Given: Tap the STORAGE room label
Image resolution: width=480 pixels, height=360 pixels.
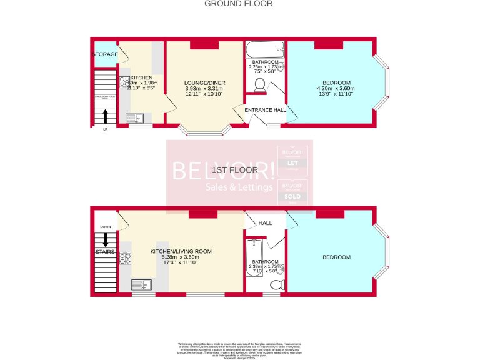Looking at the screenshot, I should (104, 54).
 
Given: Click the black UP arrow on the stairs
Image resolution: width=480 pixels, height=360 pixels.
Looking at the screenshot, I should (104, 116).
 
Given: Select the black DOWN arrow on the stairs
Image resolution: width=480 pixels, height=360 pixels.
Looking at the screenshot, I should (104, 239).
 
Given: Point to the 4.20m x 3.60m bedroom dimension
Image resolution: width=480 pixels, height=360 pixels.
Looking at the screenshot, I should (336, 89).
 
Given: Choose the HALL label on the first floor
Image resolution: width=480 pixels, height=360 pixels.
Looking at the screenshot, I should (266, 223).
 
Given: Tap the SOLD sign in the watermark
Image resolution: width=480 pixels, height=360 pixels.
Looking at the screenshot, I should (292, 196).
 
